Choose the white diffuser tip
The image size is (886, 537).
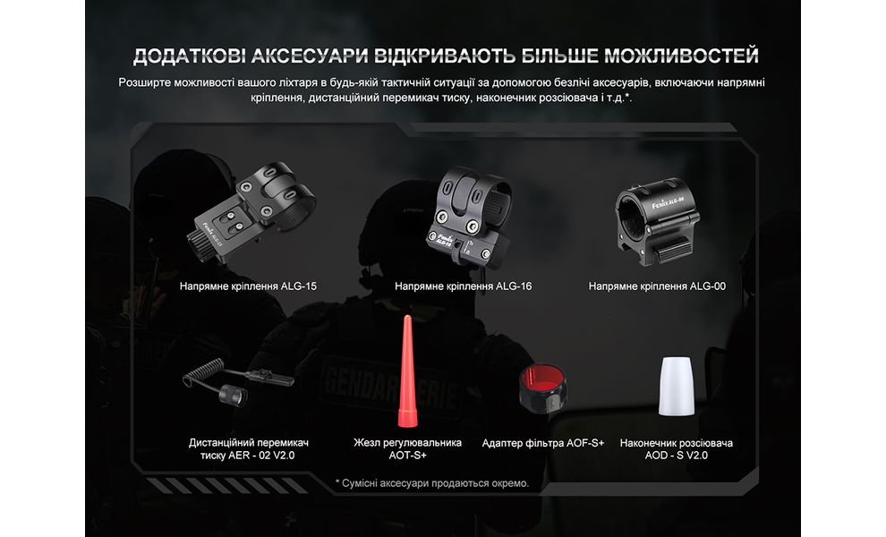677,387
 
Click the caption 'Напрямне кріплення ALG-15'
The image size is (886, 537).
248,287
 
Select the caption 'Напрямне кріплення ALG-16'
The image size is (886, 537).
463,287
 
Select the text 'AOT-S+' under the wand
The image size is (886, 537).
408,456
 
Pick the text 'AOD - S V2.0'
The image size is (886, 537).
677,456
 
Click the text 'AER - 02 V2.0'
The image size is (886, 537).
248,456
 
